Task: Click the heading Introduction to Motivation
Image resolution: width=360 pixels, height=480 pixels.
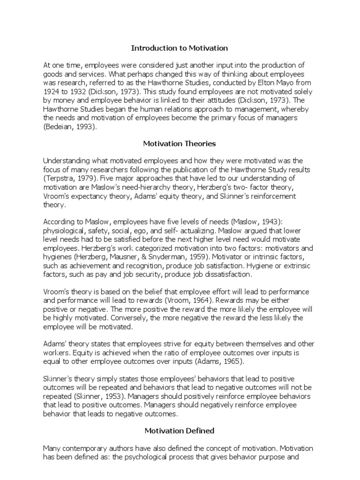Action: coord(180,48)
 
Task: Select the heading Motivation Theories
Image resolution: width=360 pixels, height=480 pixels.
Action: coord(180,143)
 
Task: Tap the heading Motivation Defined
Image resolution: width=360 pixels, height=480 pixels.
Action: coord(180,430)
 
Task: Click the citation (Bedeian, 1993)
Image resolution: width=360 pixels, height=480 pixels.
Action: coord(71,127)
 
